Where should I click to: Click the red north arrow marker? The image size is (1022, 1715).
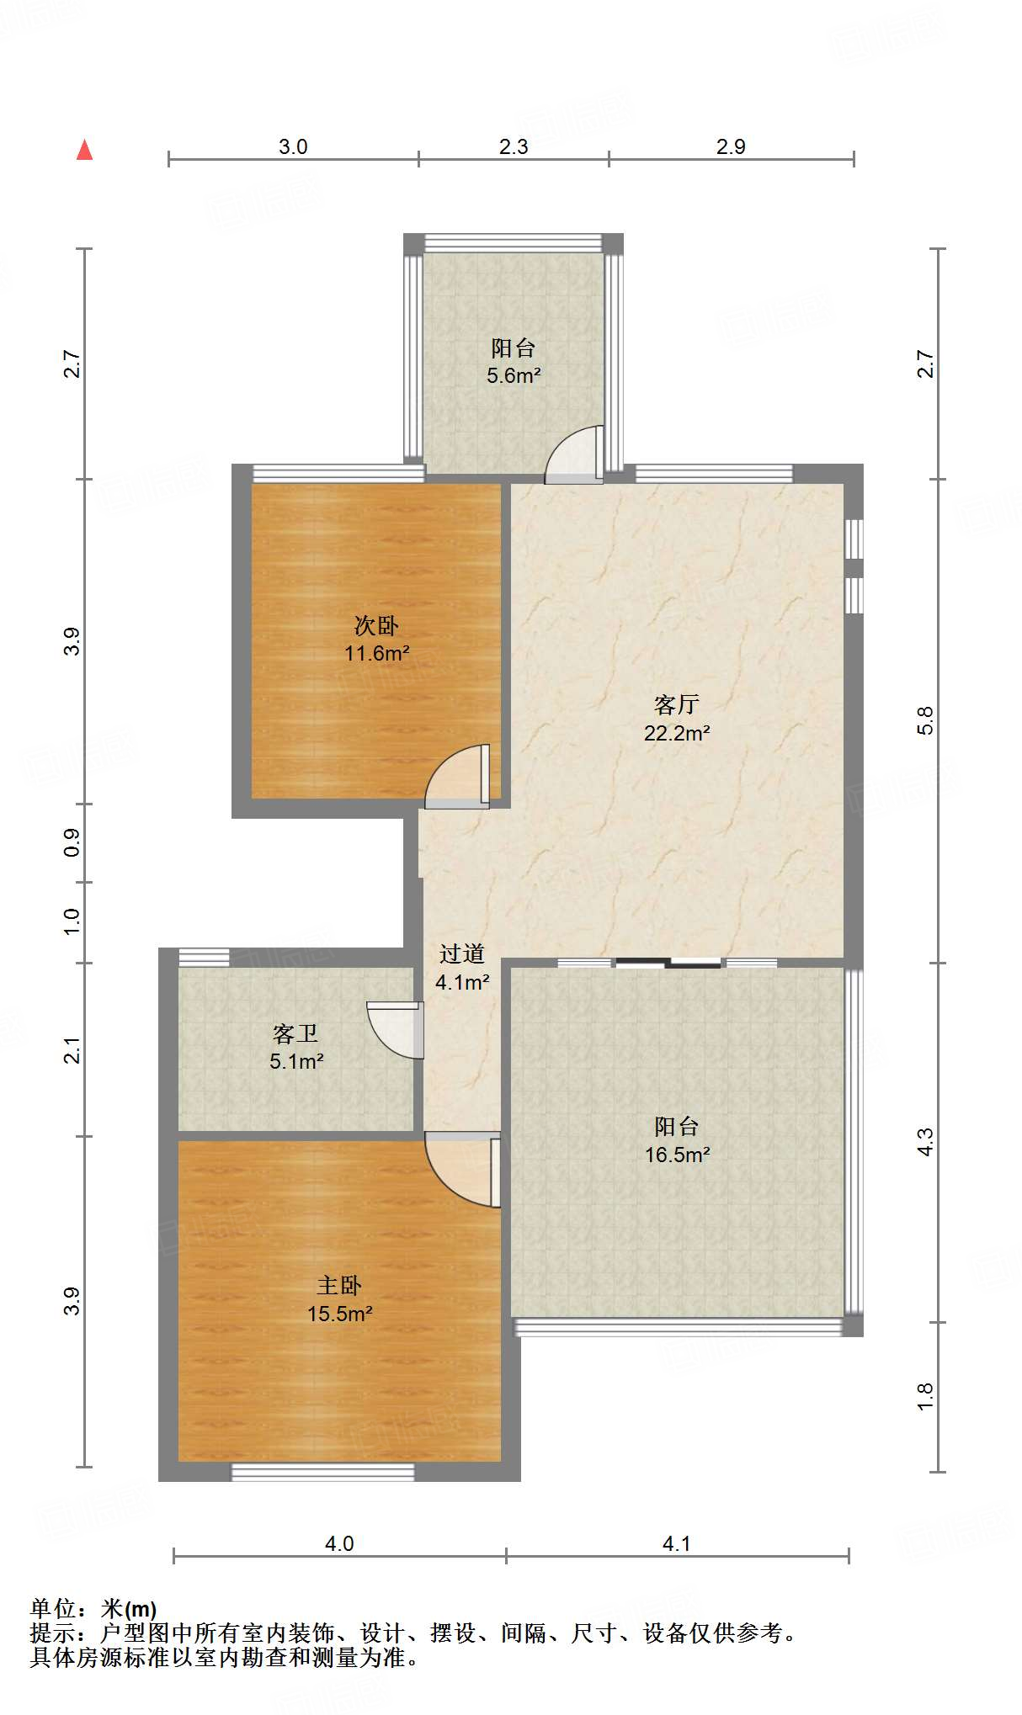pos(84,150)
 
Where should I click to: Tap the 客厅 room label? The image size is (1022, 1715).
pos(676,704)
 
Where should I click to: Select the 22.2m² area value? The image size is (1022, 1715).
pos(676,733)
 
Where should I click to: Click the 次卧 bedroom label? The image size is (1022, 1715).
pos(375,625)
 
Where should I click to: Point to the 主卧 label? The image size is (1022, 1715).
pos(339,1285)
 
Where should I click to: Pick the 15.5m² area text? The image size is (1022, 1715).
pos(339,1314)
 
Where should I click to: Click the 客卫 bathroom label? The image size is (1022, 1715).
pos(295,1033)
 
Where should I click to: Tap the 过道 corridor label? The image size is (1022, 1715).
pos(462,953)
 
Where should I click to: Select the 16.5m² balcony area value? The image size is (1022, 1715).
pos(677,1155)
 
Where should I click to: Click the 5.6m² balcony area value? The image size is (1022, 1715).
pos(513,375)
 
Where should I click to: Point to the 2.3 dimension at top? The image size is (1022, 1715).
pos(514,146)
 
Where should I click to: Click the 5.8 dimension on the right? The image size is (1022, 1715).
pos(925,720)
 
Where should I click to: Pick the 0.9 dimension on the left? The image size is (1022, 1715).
pos(72,842)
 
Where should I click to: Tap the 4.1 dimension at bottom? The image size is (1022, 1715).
pos(677,1543)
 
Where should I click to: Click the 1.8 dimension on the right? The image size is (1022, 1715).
pos(925,1397)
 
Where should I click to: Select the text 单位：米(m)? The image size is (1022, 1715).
pos(93,1608)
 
